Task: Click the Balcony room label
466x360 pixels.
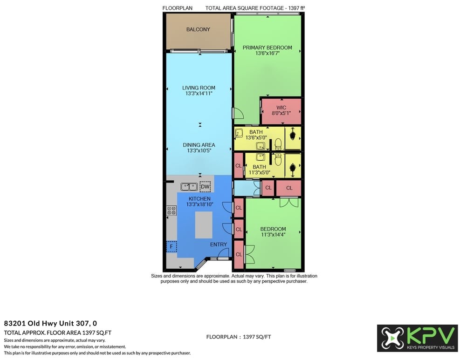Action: [x=198, y=29]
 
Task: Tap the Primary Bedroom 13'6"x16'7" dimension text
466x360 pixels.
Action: [x=267, y=54]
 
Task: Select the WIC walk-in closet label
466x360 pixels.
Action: [x=281, y=108]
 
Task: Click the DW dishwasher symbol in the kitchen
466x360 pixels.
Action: [x=205, y=187]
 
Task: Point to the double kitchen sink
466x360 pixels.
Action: [x=189, y=187]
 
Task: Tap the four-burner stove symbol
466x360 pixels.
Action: [x=171, y=211]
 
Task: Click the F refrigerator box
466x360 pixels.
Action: [x=171, y=246]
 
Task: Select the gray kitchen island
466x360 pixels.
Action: [x=204, y=225]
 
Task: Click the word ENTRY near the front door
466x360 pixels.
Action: [x=219, y=245]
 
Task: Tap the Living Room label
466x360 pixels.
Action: [x=199, y=88]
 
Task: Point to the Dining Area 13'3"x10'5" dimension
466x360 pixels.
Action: [x=199, y=150]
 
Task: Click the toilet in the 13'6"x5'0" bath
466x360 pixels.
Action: [x=278, y=144]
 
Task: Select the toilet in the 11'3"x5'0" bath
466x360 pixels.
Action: [x=278, y=159]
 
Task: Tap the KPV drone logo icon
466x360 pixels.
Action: [x=392, y=338]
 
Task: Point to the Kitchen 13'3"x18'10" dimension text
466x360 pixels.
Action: [x=200, y=204]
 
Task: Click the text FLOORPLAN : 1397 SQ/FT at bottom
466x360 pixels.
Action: [x=239, y=337]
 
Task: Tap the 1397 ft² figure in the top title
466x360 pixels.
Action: [x=296, y=8]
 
